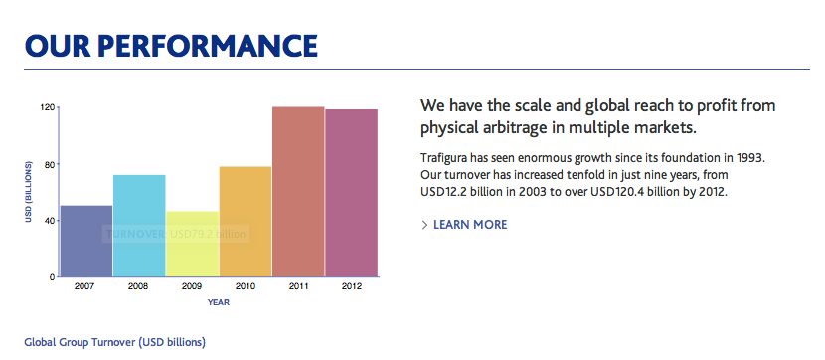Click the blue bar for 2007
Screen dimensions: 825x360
pyautogui.click(x=86, y=241)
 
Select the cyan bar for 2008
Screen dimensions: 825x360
pyautogui.click(x=139, y=226)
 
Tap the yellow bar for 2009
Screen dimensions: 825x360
pyautogui.click(x=193, y=245)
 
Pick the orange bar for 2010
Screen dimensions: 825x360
pyautogui.click(x=246, y=222)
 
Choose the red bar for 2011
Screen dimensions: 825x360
pyautogui.click(x=298, y=192)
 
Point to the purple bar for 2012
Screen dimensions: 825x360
pyautogui.click(x=352, y=193)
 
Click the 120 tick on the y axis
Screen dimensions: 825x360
pyautogui.click(x=48, y=107)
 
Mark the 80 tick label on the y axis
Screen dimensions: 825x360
pyautogui.click(x=50, y=164)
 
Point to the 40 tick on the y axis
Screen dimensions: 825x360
pyautogui.click(x=50, y=220)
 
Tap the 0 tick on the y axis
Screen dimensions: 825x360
pyautogui.click(x=52, y=276)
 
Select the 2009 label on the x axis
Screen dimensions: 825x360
pyautogui.click(x=192, y=286)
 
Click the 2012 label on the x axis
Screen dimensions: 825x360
pyautogui.click(x=351, y=286)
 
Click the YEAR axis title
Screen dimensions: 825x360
pyautogui.click(x=219, y=302)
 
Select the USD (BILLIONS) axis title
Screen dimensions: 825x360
pyautogui.click(x=29, y=192)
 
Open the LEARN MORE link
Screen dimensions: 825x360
pyautogui.click(x=470, y=225)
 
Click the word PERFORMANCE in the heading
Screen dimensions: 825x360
pyautogui.click(x=208, y=46)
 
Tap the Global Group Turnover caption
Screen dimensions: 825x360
pyautogui.click(x=114, y=343)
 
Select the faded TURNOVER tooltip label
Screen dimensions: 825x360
pyautogui.click(x=136, y=234)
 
